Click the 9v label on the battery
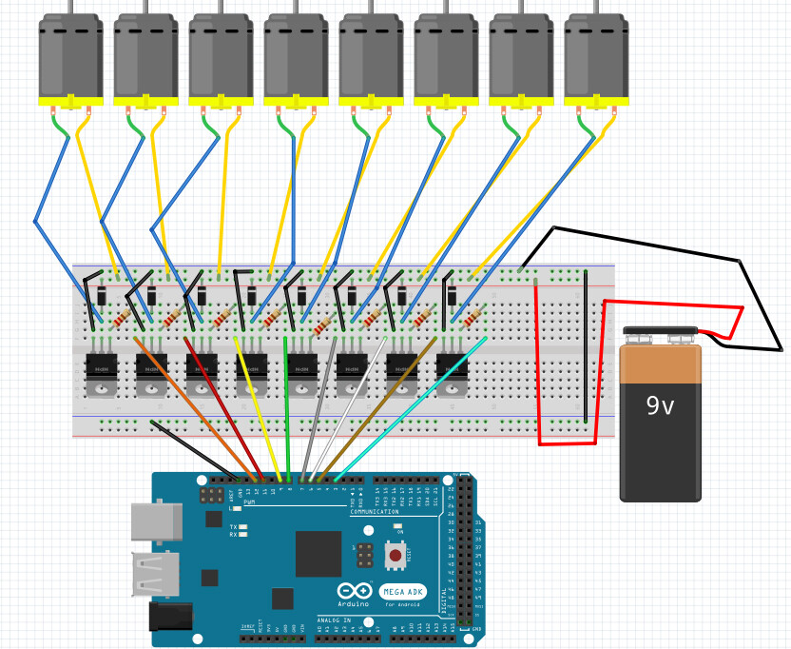pos(660,406)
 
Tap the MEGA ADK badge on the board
pos(402,591)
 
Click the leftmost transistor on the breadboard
pos(100,371)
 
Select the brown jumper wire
pos(380,409)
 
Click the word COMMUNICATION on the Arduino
pos(375,512)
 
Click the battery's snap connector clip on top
pos(660,335)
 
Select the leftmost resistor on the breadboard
pos(121,318)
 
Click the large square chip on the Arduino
pos(318,554)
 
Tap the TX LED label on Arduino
pos(234,526)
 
